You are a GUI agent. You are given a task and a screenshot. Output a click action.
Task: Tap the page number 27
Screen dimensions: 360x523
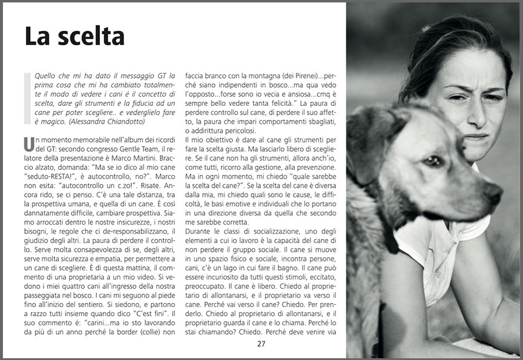click(261, 344)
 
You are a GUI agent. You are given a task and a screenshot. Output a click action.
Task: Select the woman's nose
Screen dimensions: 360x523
click(477, 113)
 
